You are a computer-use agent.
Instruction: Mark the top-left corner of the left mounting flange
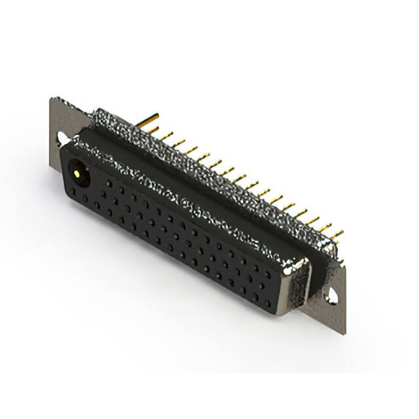pos(52,99)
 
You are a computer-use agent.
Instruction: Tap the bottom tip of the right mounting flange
pos(344,333)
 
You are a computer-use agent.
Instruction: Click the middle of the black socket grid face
pos(177,236)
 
